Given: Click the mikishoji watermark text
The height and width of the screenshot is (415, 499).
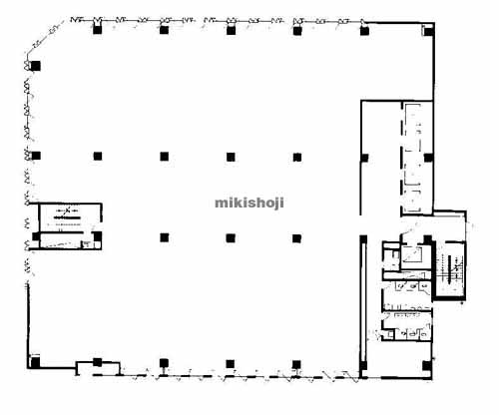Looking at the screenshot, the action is pyautogui.click(x=249, y=203).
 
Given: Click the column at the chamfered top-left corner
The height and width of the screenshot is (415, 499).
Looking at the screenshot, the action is pyautogui.click(x=35, y=66).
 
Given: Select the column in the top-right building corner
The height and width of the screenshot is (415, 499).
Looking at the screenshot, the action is pyautogui.click(x=429, y=32).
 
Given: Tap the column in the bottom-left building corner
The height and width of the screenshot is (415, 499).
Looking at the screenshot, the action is pyautogui.click(x=35, y=362).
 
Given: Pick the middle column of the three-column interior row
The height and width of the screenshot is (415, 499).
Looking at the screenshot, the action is pyautogui.click(x=231, y=238).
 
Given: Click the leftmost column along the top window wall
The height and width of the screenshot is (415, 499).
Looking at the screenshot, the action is pyautogui.click(x=97, y=30).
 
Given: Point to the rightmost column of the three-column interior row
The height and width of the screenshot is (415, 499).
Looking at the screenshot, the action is pyautogui.click(x=297, y=238).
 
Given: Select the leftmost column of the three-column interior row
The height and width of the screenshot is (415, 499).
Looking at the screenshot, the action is pyautogui.click(x=164, y=237).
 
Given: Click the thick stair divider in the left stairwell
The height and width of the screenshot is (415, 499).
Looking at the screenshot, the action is pyautogui.click(x=67, y=217).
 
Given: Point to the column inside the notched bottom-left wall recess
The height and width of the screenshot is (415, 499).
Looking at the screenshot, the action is pyautogui.click(x=97, y=362).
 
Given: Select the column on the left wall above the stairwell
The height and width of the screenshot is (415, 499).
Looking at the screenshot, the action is pyautogui.click(x=36, y=156).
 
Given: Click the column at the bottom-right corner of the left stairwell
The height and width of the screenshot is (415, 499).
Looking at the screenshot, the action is pyautogui.click(x=97, y=236).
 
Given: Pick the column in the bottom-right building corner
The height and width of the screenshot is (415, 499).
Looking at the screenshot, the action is pyautogui.click(x=426, y=366).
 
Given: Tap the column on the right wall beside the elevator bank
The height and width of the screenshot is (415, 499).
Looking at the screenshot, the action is pyautogui.click(x=428, y=158).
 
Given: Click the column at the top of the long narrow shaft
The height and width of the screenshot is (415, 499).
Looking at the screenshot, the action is pyautogui.click(x=363, y=239).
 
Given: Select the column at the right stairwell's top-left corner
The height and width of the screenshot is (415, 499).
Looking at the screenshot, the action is pyautogui.click(x=427, y=239).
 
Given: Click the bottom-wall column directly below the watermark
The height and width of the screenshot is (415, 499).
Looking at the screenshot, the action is pyautogui.click(x=230, y=364).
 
